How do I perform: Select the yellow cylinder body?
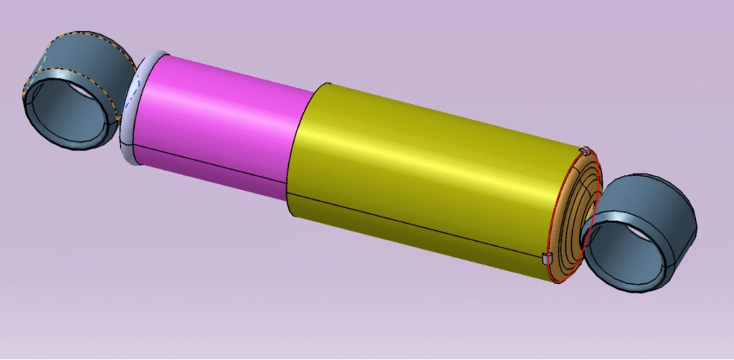pyautogui.click(x=430, y=165)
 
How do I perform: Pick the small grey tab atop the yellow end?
pyautogui.click(x=586, y=151)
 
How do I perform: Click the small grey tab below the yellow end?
pyautogui.click(x=547, y=257)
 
